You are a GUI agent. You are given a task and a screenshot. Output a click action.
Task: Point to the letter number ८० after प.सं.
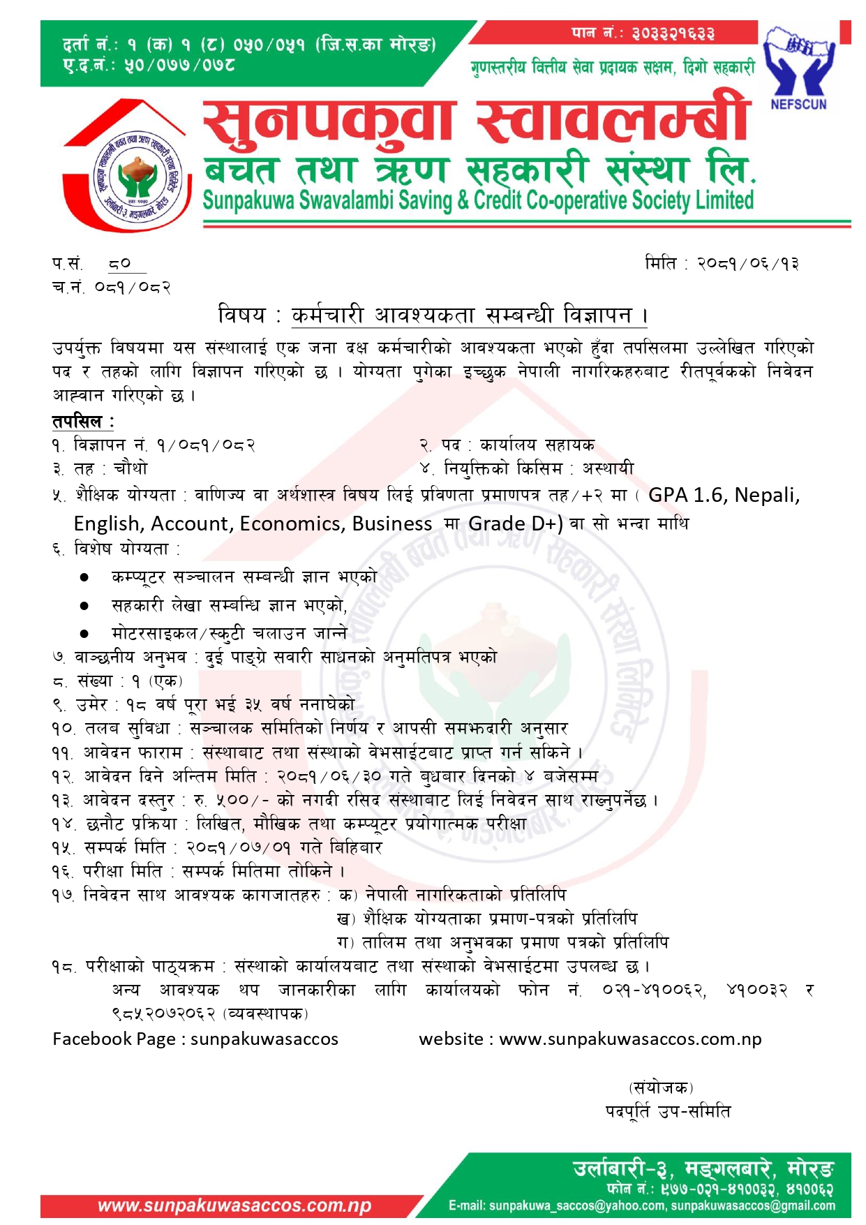point(120,264)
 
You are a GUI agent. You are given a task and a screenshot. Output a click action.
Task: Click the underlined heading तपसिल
point(77,421)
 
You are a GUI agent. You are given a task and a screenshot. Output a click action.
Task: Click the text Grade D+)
point(515,524)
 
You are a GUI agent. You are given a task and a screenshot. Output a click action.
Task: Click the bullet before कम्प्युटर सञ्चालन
point(84,577)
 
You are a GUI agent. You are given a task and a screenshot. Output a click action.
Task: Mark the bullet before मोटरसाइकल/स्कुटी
point(84,634)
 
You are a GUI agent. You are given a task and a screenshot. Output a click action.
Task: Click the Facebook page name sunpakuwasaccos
point(264,1039)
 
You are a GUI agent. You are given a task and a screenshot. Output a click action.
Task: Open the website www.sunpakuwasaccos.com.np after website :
point(630,1039)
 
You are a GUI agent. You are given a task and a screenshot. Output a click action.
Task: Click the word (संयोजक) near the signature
point(660,1087)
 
